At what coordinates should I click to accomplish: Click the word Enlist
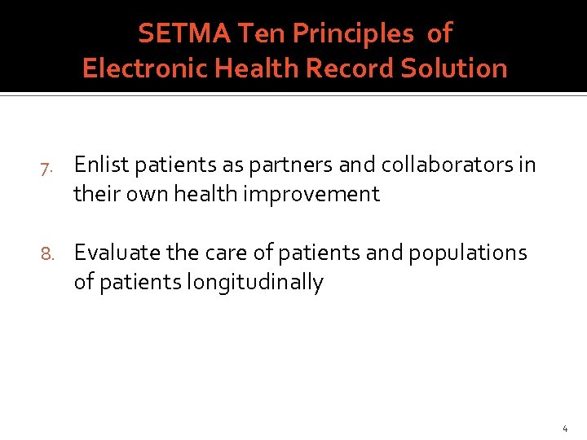point(99,165)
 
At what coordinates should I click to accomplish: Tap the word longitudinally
point(255,282)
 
